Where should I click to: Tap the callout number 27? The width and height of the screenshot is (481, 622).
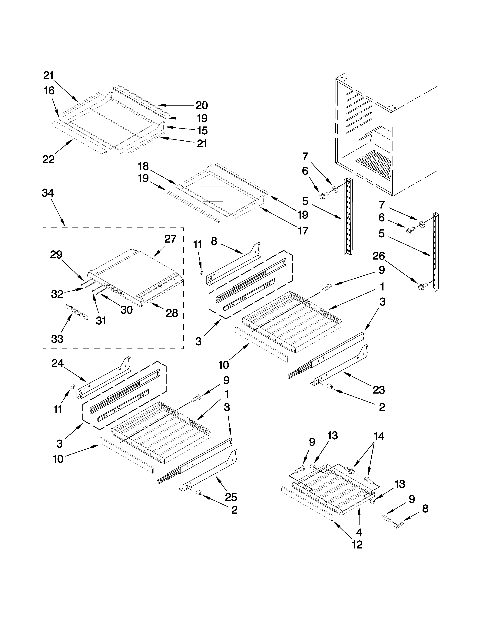pyautogui.click(x=170, y=239)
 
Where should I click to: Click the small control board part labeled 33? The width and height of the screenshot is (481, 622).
pyautogui.click(x=76, y=312)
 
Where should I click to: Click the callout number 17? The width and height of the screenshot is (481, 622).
pyautogui.click(x=303, y=230)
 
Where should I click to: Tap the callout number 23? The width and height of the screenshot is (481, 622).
pyautogui.click(x=379, y=390)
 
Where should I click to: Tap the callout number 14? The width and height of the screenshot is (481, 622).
pyautogui.click(x=378, y=436)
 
